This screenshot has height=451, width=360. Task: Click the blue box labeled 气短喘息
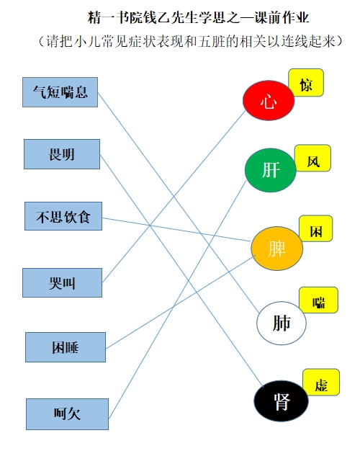60,92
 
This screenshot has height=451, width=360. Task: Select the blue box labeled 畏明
62,154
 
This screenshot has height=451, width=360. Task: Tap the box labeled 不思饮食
63,216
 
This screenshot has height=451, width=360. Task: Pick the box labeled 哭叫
62,282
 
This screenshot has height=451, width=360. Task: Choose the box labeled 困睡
66,347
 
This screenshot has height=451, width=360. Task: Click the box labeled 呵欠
67,414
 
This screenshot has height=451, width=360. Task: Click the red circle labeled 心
269,100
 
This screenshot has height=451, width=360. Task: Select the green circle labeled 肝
271,170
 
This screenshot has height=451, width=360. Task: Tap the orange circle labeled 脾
277,249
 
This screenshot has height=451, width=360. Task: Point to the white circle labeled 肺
282,323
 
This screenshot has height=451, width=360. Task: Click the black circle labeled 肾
281,401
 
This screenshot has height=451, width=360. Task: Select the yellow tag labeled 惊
306,83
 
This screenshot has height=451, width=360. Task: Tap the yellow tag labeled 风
313,158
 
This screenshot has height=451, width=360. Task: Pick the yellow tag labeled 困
315,228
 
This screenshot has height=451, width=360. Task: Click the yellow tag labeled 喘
318,300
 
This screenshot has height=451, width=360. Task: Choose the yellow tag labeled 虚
321,383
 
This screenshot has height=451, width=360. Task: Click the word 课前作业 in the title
282,17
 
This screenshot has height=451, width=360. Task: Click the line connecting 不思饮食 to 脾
176,229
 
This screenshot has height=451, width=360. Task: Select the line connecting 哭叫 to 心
174,197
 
